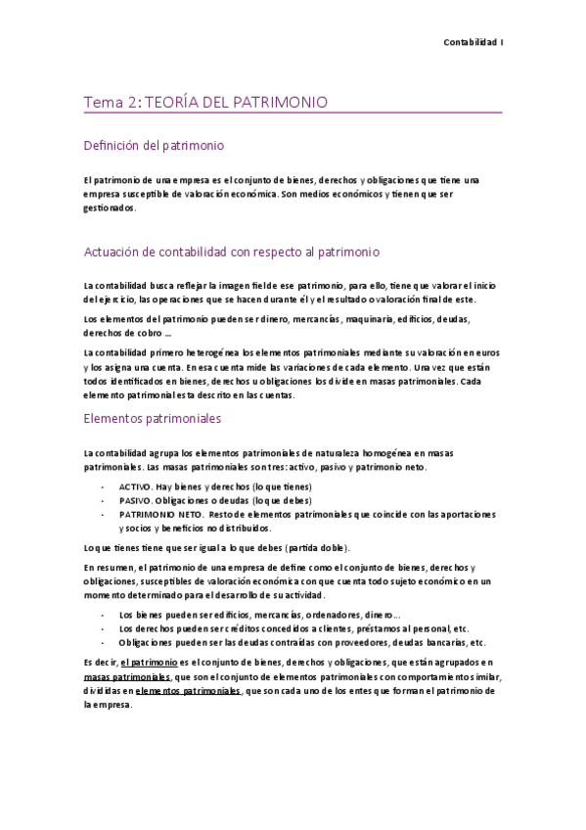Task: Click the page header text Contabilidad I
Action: click(x=473, y=42)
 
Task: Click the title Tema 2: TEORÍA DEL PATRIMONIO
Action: click(x=205, y=102)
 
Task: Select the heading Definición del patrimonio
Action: click(x=154, y=146)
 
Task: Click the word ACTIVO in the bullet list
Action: click(x=135, y=485)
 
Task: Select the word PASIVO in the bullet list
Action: click(x=135, y=499)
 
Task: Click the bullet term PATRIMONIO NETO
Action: click(x=160, y=513)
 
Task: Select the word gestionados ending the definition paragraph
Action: click(x=111, y=207)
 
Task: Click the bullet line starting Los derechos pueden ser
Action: click(x=293, y=628)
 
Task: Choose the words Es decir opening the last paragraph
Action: click(x=100, y=663)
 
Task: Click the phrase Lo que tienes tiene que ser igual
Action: click(x=161, y=546)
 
